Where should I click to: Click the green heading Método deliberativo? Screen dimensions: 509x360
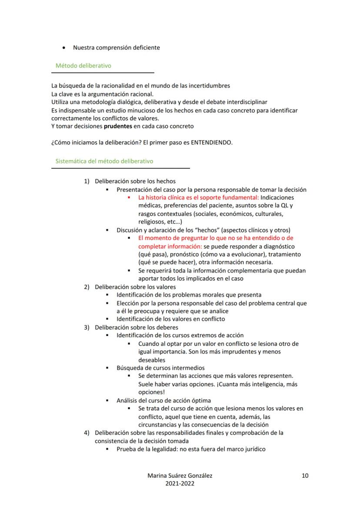pyautogui.click(x=83, y=66)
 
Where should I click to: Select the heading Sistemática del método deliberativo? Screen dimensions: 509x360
pyautogui.click(x=104, y=161)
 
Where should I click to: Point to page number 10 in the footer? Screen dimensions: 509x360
pyautogui.click(x=305, y=476)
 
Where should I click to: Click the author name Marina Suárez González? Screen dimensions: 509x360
pyautogui.click(x=180, y=476)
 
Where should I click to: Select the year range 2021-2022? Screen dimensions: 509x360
pyautogui.click(x=180, y=483)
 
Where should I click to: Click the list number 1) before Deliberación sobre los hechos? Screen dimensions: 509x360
pyautogui.click(x=87, y=181)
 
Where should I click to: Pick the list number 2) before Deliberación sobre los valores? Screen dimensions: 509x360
pyautogui.click(x=87, y=287)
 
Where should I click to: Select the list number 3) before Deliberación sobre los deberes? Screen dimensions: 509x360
pyautogui.click(x=87, y=327)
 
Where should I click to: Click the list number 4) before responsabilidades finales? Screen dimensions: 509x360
pyautogui.click(x=87, y=433)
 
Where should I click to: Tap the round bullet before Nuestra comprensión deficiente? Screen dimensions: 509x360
pyautogui.click(x=64, y=47)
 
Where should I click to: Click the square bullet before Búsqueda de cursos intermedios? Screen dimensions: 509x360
pyautogui.click(x=107, y=368)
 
